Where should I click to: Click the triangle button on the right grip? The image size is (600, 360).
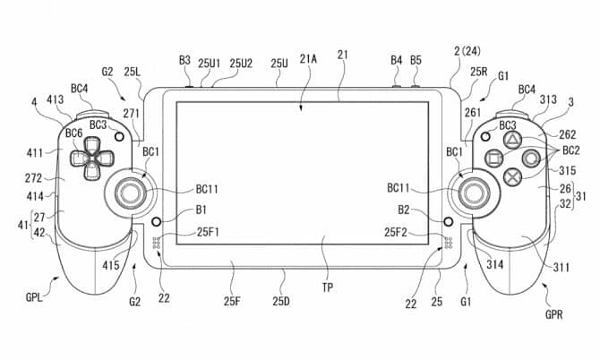[x=511, y=141]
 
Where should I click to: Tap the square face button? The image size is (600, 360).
[x=494, y=158]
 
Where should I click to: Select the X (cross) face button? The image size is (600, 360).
[x=512, y=176]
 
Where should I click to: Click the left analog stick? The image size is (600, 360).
[x=131, y=193]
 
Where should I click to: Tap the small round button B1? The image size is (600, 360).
[x=156, y=221]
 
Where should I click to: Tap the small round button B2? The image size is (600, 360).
[x=448, y=221]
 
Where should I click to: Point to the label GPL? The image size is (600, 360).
[x=34, y=297]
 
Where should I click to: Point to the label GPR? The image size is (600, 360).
[x=553, y=314]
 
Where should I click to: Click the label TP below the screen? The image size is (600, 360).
[x=327, y=287]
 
